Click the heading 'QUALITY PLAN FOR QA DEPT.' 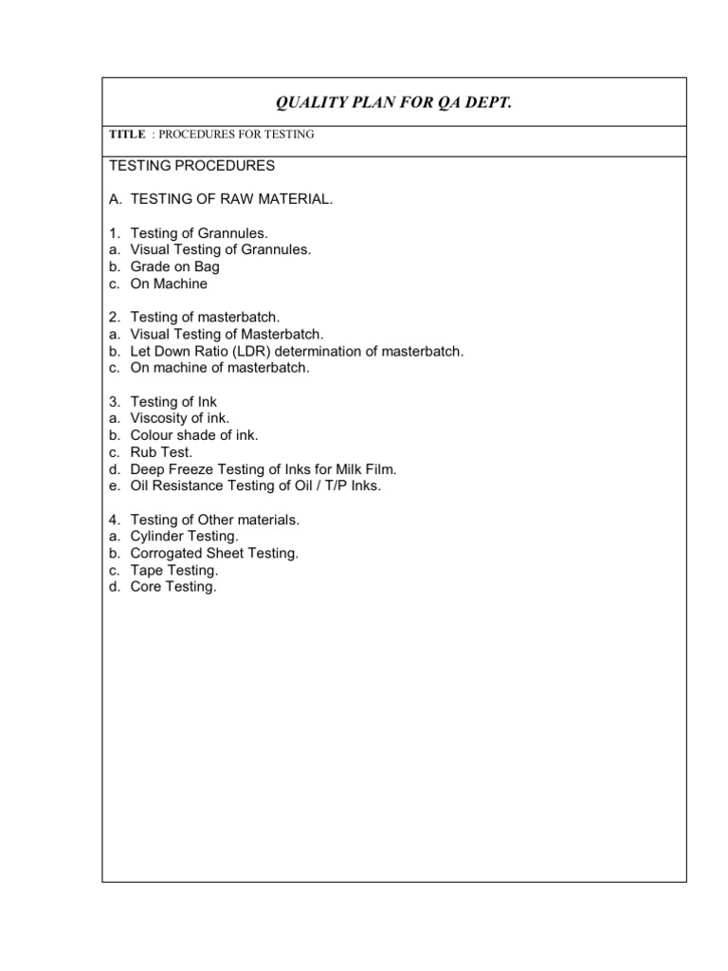tap(393, 102)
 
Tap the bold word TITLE tap(128, 135)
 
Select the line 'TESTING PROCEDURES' tap(192, 166)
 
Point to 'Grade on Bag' tap(174, 266)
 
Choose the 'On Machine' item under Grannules tap(169, 284)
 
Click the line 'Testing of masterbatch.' tap(205, 318)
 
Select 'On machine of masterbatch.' tap(220, 368)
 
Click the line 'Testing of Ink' tap(173, 402)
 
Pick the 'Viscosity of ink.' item tap(180, 418)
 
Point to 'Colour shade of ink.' tap(194, 435)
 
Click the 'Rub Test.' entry tap(161, 452)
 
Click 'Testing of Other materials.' tap(215, 520)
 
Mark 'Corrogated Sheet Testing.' tap(214, 553)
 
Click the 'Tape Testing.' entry tap(174, 570)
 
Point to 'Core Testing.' tap(173, 587)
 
